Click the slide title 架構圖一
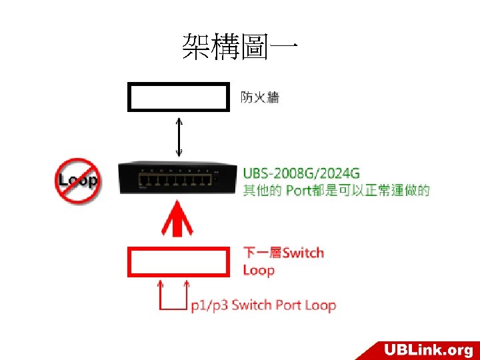click(239, 47)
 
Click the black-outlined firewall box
click(178, 97)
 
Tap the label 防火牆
click(260, 98)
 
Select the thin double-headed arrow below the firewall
click(178, 137)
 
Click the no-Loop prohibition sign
click(78, 180)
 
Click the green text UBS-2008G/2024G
click(301, 173)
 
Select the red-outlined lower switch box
click(178, 261)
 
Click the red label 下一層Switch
click(283, 253)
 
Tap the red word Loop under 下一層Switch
click(259, 270)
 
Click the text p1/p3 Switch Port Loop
click(263, 306)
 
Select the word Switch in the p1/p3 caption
click(251, 306)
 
